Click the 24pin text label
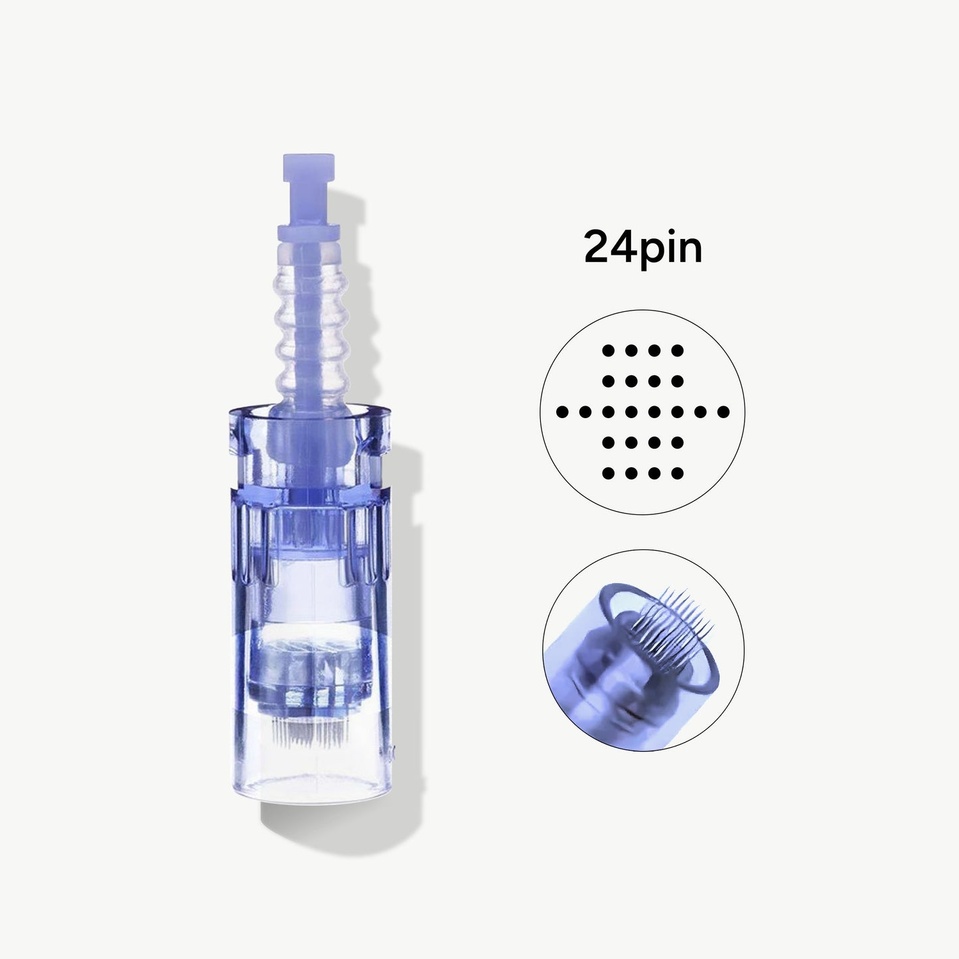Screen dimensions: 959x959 [643, 248]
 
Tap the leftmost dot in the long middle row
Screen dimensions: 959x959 [562, 411]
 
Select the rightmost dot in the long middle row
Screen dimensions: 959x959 [723, 411]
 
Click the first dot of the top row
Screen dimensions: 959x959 [608, 350]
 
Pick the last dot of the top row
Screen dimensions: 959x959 [678, 350]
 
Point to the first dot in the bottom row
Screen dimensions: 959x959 [608, 473]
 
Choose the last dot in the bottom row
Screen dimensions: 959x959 [678, 473]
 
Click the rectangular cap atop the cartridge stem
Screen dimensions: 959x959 [309, 168]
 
